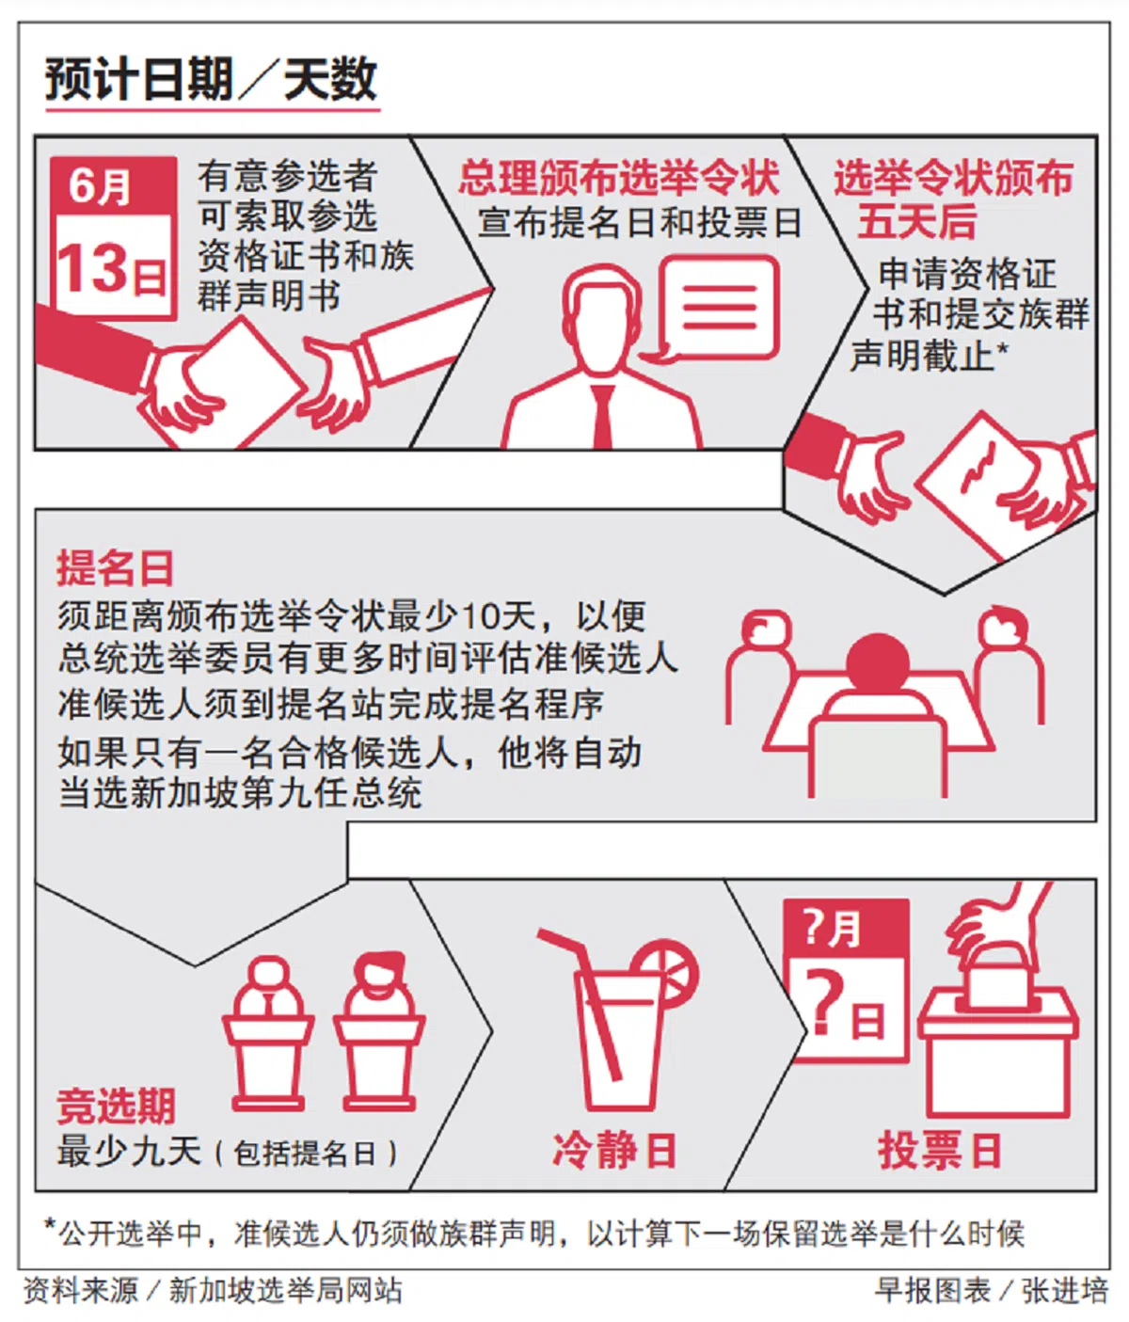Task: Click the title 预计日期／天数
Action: click(x=211, y=80)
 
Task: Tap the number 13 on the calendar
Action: click(x=92, y=268)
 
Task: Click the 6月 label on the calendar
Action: click(x=99, y=186)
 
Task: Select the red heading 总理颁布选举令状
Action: click(x=618, y=177)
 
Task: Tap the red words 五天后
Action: click(x=916, y=221)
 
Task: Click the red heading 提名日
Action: click(x=115, y=567)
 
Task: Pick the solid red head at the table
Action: click(x=878, y=663)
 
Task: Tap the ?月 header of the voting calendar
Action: click(x=833, y=929)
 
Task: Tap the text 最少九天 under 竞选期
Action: click(x=129, y=1152)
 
